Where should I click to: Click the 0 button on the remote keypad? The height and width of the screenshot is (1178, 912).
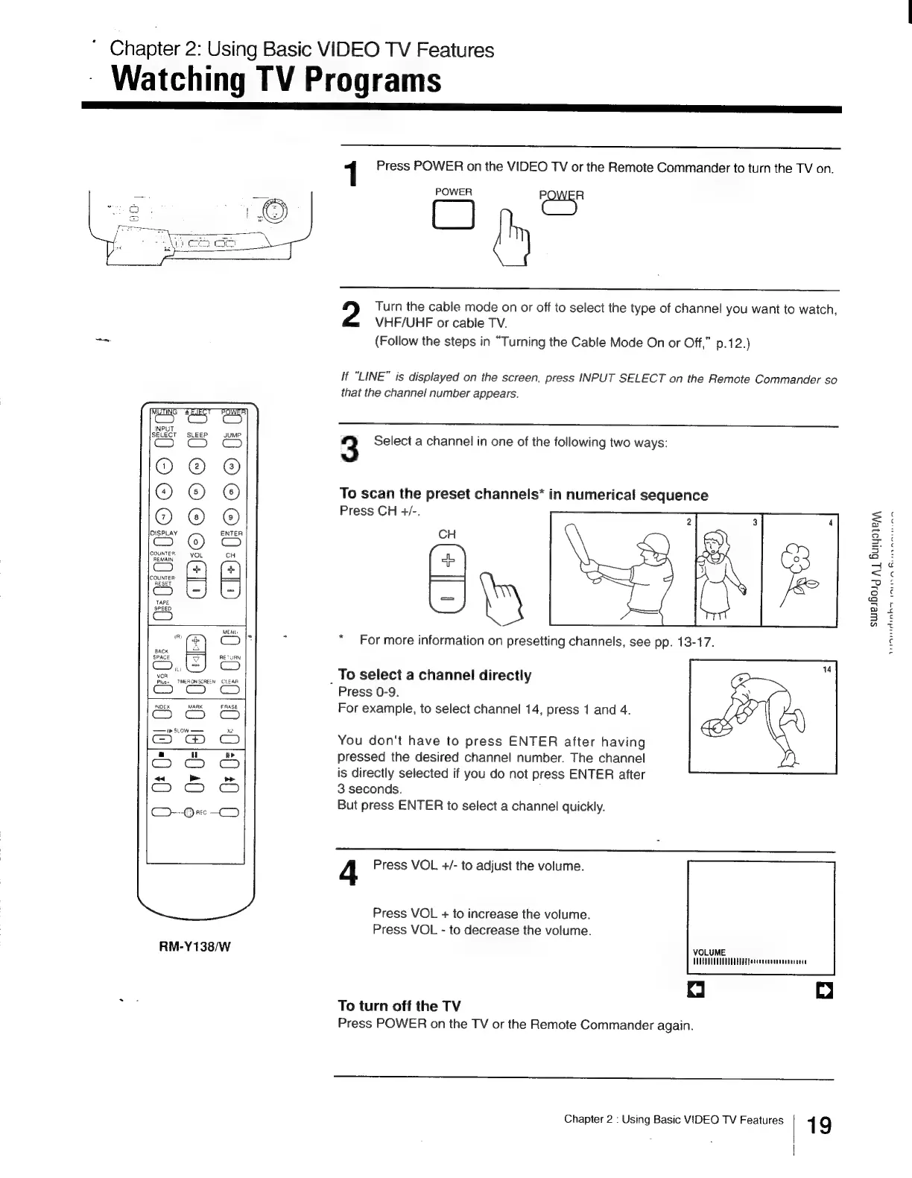[196, 542]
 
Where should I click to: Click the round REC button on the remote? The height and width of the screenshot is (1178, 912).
[189, 812]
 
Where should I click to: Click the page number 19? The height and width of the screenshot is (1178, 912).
[819, 1124]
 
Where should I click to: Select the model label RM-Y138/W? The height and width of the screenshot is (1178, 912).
[194, 947]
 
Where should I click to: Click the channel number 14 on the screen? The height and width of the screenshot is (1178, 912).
[826, 670]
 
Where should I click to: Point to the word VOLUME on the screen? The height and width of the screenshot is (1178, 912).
[709, 952]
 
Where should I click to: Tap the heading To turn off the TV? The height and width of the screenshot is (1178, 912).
[399, 1006]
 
